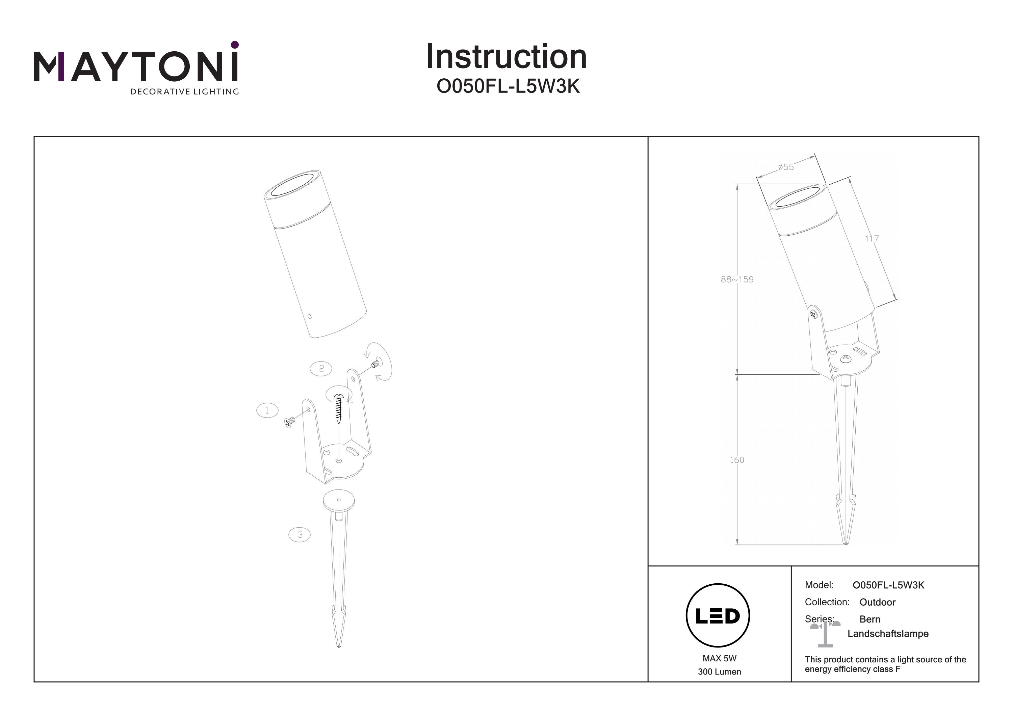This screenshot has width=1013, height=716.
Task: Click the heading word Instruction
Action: (506, 57)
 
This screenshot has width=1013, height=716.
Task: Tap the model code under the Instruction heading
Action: (508, 87)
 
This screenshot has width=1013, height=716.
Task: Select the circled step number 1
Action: (267, 410)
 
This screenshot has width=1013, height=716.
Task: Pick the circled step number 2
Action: (321, 368)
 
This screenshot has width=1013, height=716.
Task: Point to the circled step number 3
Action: (300, 535)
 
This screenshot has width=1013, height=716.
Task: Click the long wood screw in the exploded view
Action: (339, 408)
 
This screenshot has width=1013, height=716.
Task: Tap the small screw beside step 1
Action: (289, 423)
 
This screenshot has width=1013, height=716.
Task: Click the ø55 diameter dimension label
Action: (786, 167)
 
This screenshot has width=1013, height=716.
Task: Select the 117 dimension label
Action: (872, 239)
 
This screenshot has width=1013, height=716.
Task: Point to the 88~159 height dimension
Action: (737, 279)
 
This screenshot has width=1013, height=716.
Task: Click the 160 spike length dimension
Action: (737, 460)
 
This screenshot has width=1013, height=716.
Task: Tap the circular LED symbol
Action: (718, 616)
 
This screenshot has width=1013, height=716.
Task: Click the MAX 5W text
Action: (719, 659)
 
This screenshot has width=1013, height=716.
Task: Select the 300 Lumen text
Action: (719, 672)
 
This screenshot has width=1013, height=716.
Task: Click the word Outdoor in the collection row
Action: (877, 602)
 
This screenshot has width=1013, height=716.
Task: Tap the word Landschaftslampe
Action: (888, 634)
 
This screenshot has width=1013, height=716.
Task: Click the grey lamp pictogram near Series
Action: (825, 634)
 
